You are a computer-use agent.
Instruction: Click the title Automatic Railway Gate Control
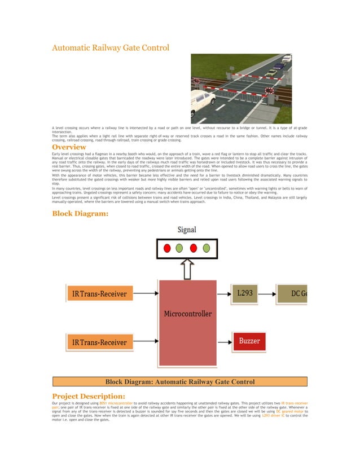pyautogui.click(x=110, y=48)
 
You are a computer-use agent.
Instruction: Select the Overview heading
pyautogui.click(x=69, y=148)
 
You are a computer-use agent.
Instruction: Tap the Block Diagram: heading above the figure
pyautogui.click(x=80, y=213)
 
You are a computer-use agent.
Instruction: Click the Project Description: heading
pyautogui.click(x=88, y=396)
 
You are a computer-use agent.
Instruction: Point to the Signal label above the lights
pyautogui.click(x=187, y=230)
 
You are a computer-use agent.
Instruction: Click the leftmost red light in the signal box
pyautogui.click(x=167, y=248)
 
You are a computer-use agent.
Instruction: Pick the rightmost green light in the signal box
pyautogui.click(x=207, y=248)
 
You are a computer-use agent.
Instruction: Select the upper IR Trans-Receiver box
pyautogui.click(x=100, y=293)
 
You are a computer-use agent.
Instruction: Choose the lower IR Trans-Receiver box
pyautogui.click(x=100, y=342)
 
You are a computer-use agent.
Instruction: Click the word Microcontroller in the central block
pyautogui.click(x=187, y=313)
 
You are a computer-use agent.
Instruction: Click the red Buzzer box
pyautogui.click(x=249, y=342)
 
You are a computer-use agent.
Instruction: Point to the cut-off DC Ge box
pyautogui.click(x=292, y=293)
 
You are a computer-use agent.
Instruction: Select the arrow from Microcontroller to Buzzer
pyautogui.click(x=224, y=342)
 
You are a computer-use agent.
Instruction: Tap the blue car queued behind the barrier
pyautogui.click(x=279, y=66)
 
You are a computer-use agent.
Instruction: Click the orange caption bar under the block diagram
pyautogui.click(x=179, y=382)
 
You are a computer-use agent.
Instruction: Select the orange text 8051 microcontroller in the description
pyautogui.click(x=116, y=404)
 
